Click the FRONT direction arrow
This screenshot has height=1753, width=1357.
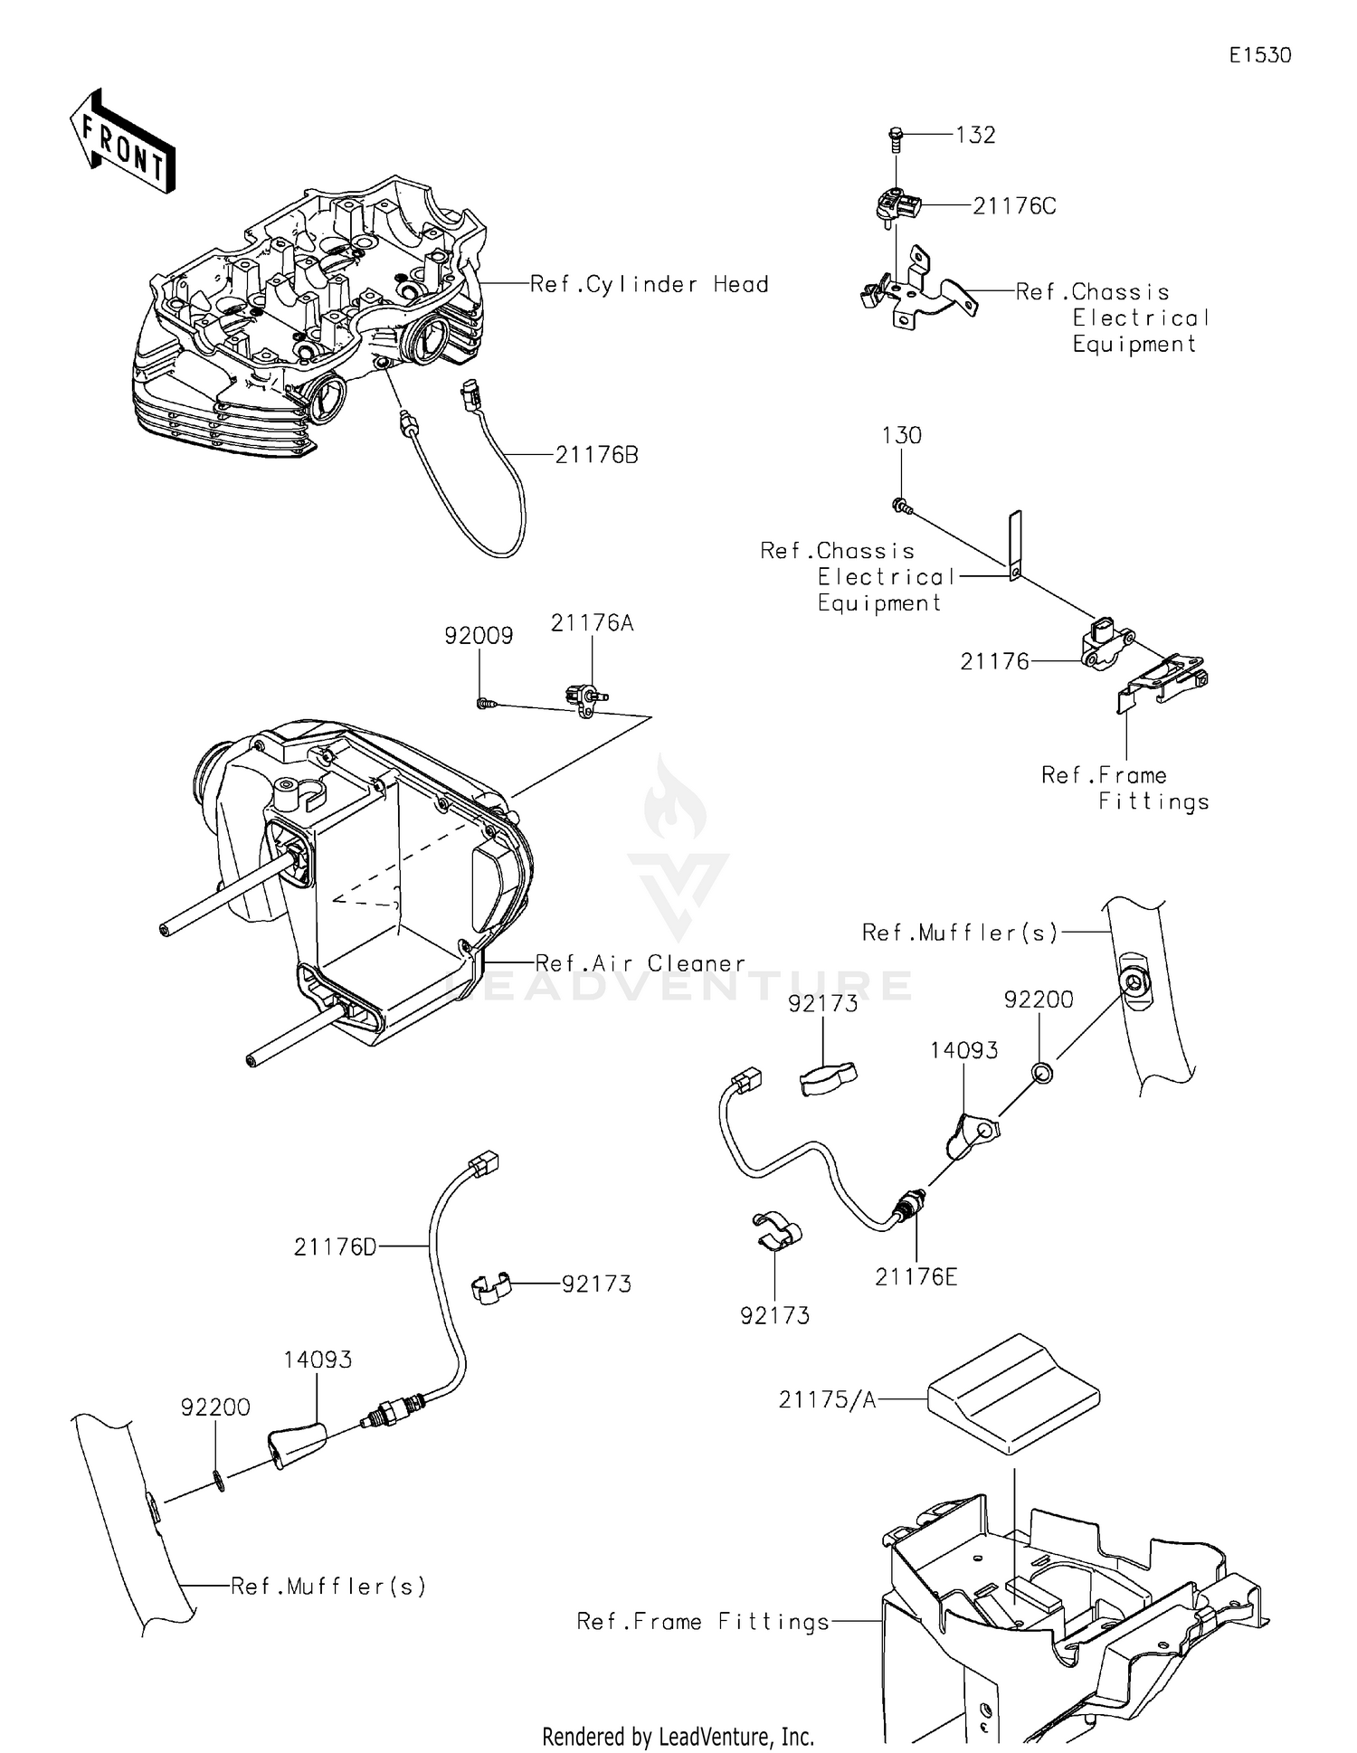coord(121,143)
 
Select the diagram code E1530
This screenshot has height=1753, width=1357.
coord(1259,55)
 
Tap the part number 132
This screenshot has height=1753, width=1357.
coord(975,135)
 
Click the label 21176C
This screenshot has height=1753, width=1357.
coord(1014,206)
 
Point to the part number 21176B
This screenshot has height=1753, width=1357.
coord(596,455)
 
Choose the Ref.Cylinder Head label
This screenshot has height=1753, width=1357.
coord(649,284)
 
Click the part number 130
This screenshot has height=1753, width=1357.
coord(901,435)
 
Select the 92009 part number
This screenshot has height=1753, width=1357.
coord(479,636)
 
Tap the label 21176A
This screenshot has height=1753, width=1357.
coord(593,623)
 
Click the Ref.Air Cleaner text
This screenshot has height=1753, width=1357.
coord(641,963)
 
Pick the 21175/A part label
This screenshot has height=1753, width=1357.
coord(827,1400)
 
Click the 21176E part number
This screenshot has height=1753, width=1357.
coord(916,1276)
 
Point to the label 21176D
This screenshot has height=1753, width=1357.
coord(335,1247)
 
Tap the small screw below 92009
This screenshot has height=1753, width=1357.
coord(485,702)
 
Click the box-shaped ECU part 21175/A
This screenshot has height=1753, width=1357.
coord(1012,1393)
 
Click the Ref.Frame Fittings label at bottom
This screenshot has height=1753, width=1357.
coord(703,1622)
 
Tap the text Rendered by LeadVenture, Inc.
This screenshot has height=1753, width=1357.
coord(678,1737)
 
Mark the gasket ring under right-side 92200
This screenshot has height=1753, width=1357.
coord(1040,1073)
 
